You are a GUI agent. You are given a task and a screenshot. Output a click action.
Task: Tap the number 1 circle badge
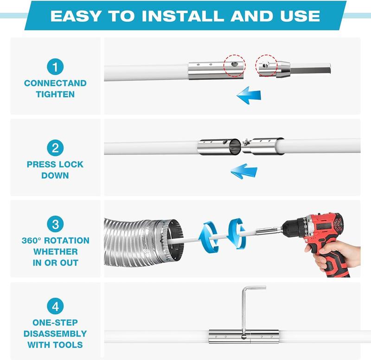tap(55, 67)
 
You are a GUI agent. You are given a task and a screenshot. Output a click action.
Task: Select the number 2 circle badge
tap(55, 148)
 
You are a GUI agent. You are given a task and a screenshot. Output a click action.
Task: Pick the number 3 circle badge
tap(55, 225)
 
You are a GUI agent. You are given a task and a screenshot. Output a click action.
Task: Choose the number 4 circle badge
tap(55, 306)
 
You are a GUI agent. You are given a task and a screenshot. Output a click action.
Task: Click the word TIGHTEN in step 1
tap(55, 94)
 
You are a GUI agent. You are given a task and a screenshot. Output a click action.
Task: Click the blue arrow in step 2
tap(243, 172)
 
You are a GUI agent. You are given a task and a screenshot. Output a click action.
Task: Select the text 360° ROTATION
tap(55, 241)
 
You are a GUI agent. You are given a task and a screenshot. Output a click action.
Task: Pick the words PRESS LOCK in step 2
tap(55, 164)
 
